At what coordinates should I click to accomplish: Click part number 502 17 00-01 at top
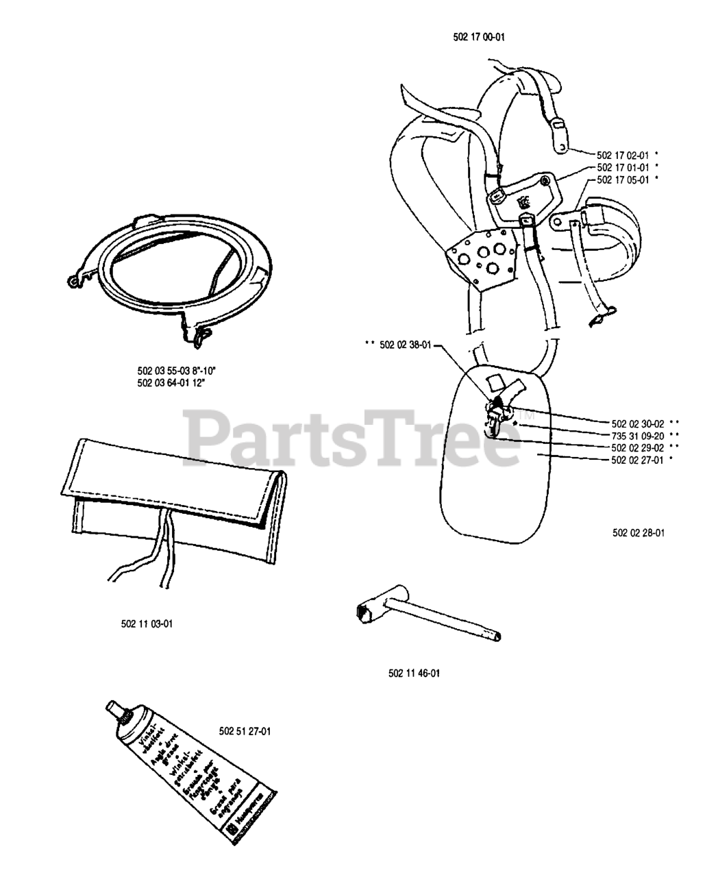click(484, 37)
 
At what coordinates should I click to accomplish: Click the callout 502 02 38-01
click(405, 346)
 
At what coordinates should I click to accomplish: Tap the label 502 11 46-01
click(414, 673)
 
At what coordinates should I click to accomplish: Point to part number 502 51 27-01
click(245, 731)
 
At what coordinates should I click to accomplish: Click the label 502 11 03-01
click(147, 623)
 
